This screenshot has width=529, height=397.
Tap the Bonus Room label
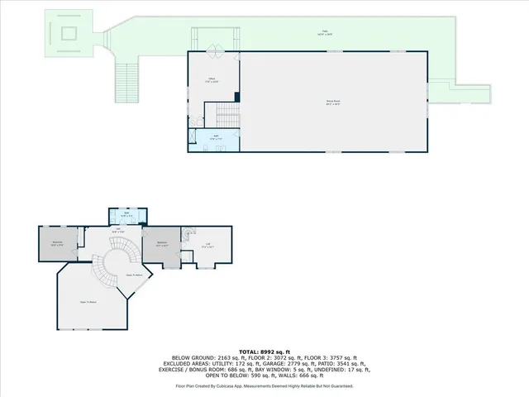pyautogui.click(x=333, y=102)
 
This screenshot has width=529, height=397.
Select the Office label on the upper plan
pyautogui.click(x=212, y=80)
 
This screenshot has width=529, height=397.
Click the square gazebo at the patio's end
pyautogui.click(x=69, y=34)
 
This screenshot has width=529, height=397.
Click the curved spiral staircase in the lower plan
pyautogui.click(x=105, y=271)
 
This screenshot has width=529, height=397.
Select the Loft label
pyautogui.click(x=208, y=245)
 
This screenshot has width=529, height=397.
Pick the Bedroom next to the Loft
pyautogui.click(x=162, y=245)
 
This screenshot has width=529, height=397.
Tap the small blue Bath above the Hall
pyautogui.click(x=126, y=216)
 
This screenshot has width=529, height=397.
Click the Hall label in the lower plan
pyautogui.click(x=118, y=232)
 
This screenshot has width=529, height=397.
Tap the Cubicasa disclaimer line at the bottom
pyautogui.click(x=264, y=386)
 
